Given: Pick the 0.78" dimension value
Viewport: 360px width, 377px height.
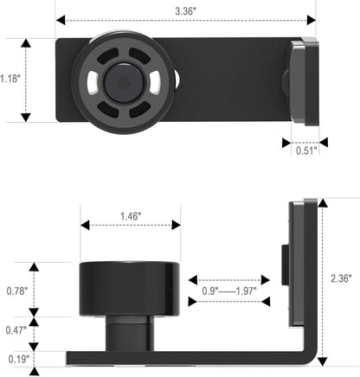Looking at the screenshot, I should [14, 291].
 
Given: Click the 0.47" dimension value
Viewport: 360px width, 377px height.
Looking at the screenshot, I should [14, 329].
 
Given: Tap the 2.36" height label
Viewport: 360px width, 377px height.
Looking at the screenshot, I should [343, 279].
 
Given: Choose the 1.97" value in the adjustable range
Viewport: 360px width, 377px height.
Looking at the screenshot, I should [246, 291].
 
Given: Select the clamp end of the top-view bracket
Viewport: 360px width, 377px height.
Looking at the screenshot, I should [303, 80].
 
